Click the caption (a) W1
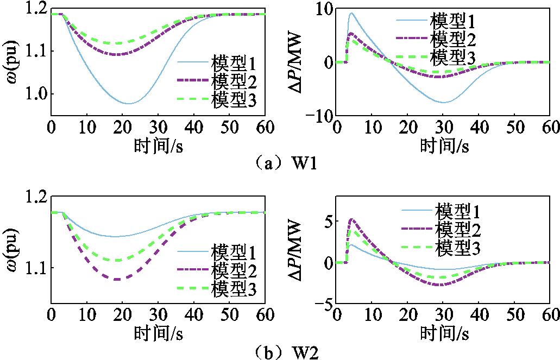pyautogui.click(x=279, y=163)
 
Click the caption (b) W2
pyautogui.click(x=279, y=353)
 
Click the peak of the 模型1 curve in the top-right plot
pyautogui.click(x=351, y=13)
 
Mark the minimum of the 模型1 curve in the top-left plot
pyautogui.click(x=129, y=103)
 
